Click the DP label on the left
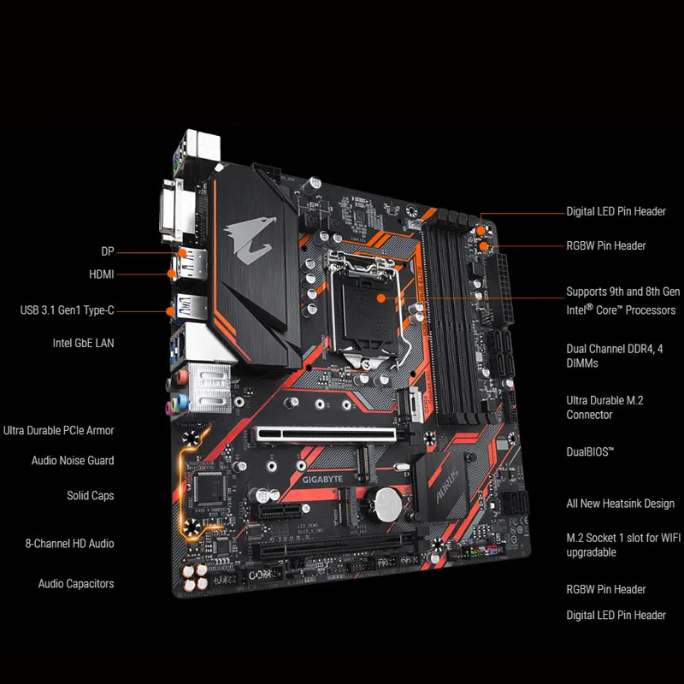click(x=107, y=252)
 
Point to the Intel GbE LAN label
click(x=83, y=343)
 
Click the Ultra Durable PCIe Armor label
click(x=59, y=430)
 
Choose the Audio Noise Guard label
click(x=73, y=461)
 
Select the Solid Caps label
click(x=90, y=495)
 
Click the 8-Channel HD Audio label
click(x=69, y=543)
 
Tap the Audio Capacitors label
click(x=76, y=583)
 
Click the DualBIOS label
click(x=590, y=451)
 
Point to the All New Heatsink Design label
click(x=620, y=504)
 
